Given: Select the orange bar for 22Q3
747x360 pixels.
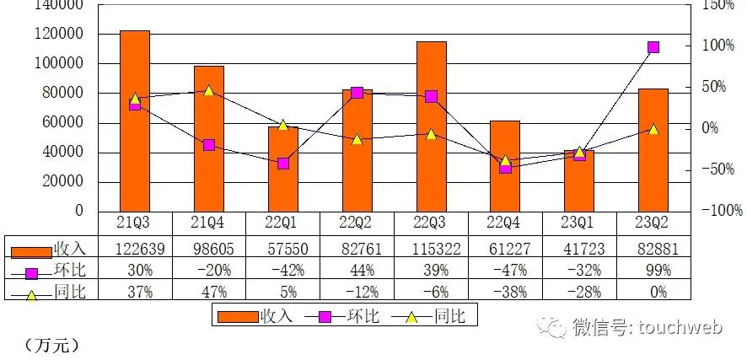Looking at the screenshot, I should (432, 126).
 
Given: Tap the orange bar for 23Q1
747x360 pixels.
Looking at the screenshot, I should (580, 181).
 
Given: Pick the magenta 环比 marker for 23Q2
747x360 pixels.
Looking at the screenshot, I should (653, 47).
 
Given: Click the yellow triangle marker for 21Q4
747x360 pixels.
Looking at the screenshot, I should (209, 90).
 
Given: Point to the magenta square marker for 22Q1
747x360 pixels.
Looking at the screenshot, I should (283, 164).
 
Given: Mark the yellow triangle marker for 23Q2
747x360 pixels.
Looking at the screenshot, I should (653, 129).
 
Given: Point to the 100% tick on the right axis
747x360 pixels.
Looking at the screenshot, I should (719, 46).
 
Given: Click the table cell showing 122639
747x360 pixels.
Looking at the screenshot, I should (135, 249).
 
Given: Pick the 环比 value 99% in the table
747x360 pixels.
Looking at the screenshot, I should (653, 271).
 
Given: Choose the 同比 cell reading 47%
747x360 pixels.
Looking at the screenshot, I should (209, 292).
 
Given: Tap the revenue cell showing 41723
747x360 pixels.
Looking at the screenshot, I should (580, 249).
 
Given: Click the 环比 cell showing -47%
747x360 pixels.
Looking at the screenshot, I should (506, 271).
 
